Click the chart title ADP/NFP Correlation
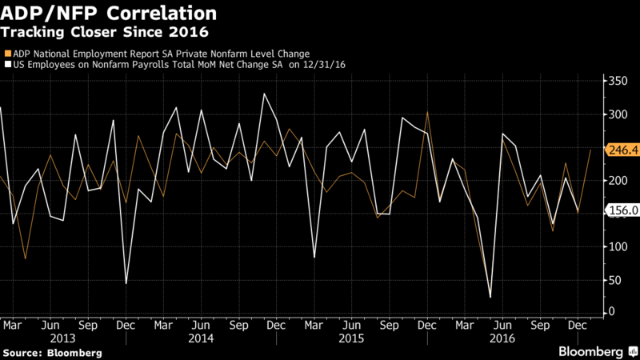109,13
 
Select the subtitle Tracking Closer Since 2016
105,32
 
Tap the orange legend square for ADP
8,54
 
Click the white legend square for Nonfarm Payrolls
8,65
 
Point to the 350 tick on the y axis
618,81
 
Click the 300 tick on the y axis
618,114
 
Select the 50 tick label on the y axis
614,280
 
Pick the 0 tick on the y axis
611,311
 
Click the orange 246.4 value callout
622,150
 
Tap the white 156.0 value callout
622,210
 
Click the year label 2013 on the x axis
62,338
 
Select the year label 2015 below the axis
351,338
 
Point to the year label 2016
502,338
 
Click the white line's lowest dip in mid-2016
490,297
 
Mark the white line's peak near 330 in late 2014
264,94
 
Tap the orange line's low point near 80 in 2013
26,258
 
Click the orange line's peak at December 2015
427,111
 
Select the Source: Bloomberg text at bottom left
52,353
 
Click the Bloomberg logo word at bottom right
590,352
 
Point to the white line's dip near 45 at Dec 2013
126,283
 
